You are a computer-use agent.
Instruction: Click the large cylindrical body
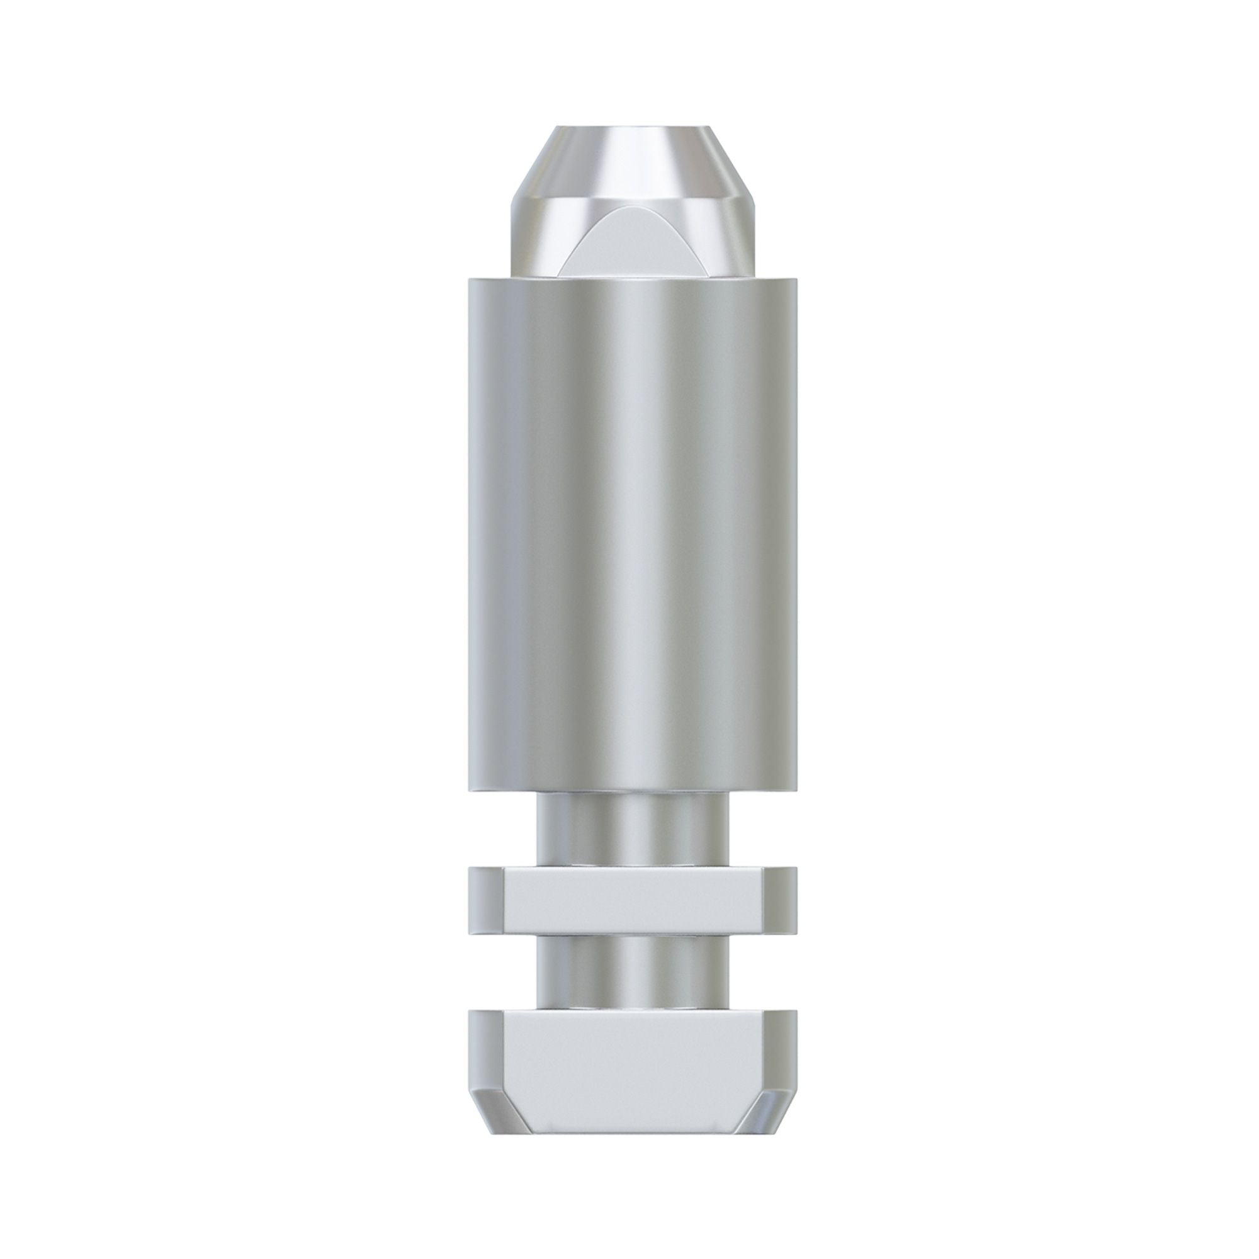click(632, 534)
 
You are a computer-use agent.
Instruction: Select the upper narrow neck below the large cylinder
click(632, 831)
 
